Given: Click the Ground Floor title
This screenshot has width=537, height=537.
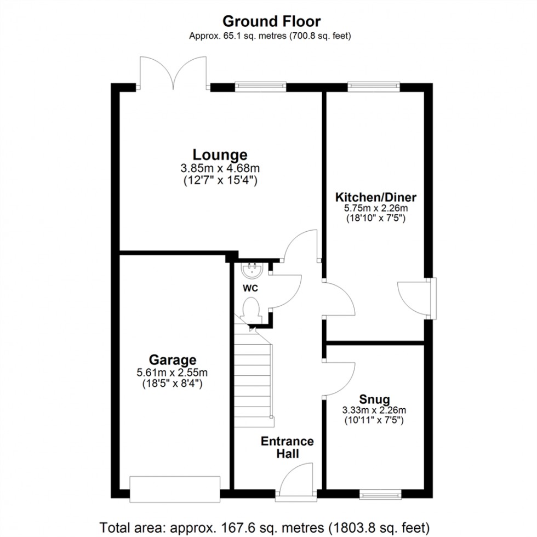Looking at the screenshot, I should (x=271, y=21).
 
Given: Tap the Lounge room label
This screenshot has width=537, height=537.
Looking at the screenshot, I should (x=219, y=155).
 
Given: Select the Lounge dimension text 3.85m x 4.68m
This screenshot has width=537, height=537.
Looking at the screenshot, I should (x=219, y=168).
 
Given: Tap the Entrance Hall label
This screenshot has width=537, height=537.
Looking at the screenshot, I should (x=287, y=447).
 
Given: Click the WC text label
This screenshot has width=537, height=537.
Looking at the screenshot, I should (x=251, y=288).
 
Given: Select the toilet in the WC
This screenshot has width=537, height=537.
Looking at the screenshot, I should (x=252, y=309).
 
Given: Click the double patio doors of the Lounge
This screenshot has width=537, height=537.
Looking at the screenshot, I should (x=173, y=73).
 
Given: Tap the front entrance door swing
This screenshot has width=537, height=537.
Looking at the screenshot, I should (x=295, y=478).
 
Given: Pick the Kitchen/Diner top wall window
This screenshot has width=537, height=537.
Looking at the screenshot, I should (x=373, y=85).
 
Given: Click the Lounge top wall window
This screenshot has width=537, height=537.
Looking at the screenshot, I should (x=260, y=85).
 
